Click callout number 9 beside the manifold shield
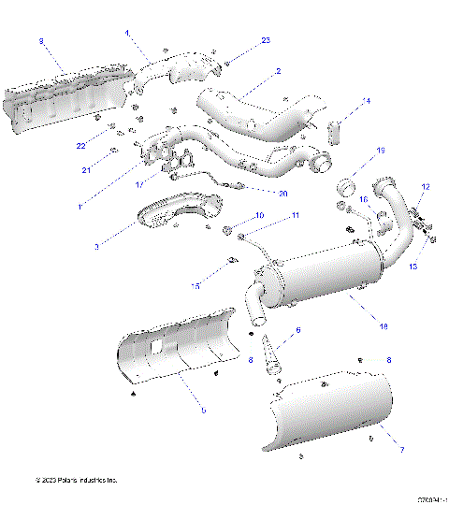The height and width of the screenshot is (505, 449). coord(40,41)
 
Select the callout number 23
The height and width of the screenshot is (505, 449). coord(266,40)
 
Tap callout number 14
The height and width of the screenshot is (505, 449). coord(367,101)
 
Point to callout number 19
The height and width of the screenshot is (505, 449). coord(380,151)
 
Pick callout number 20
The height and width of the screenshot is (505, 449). coord(283,193)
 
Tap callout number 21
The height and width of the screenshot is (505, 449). coord(86,169)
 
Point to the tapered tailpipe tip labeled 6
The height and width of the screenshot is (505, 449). coord(272,356)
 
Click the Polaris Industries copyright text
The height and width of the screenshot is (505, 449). coord(76,481)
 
